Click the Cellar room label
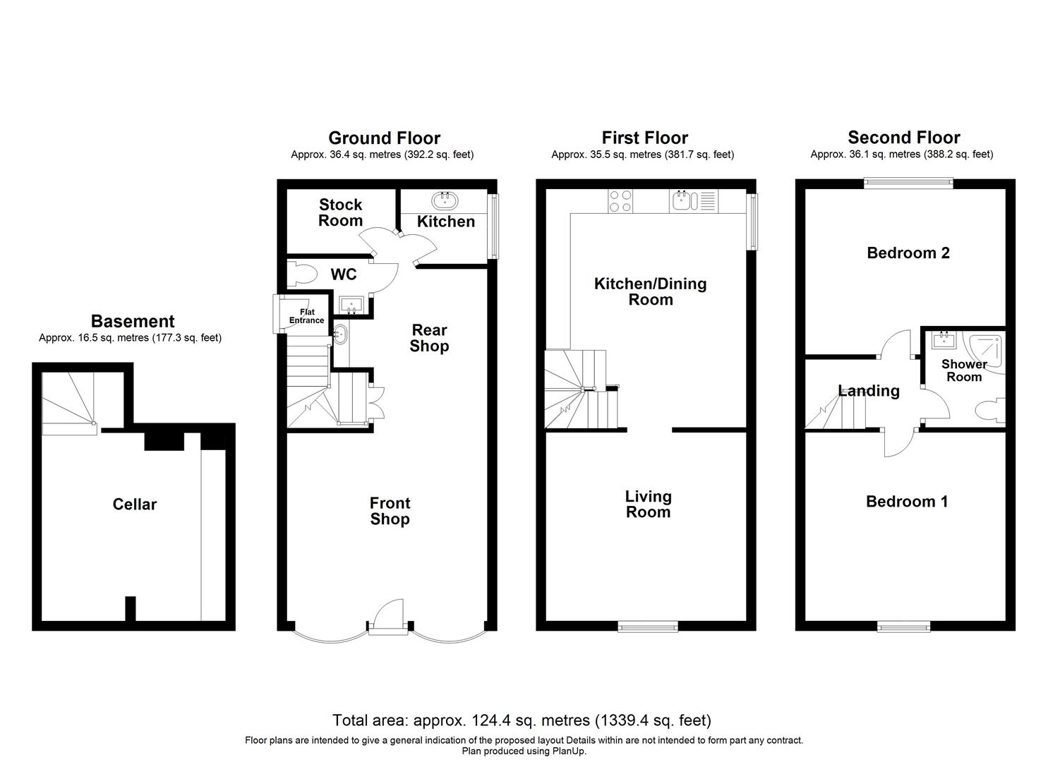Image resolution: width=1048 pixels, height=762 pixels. (x=134, y=504)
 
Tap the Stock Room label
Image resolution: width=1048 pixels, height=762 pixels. (x=340, y=212)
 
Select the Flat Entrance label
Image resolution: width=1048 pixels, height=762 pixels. (x=306, y=316)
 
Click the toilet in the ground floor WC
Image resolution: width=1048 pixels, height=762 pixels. (x=301, y=273)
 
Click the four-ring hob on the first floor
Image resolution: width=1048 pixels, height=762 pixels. (x=620, y=201)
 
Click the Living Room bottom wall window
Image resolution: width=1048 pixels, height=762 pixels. (x=648, y=626)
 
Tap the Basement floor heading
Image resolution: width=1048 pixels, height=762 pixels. (x=133, y=322)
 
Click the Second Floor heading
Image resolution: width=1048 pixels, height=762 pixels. (x=903, y=138)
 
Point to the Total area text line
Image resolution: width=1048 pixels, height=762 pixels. (x=522, y=720)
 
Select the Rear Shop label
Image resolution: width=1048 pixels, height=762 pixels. (x=429, y=338)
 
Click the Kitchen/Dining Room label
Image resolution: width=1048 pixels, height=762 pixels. (x=650, y=291)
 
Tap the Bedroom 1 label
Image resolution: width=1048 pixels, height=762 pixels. (x=907, y=502)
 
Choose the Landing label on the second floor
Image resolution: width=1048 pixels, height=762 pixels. (x=869, y=391)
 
